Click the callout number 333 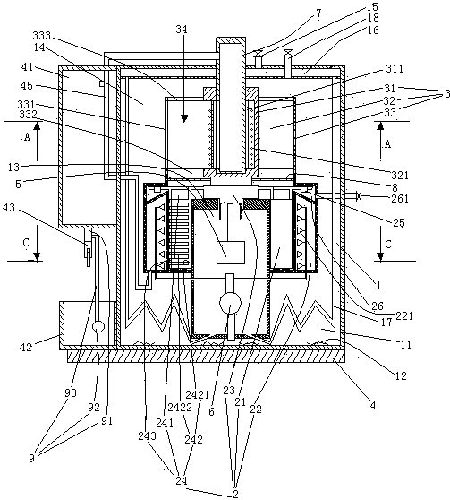coord(42,35)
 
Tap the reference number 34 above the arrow coord(182,30)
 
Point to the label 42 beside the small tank coord(26,347)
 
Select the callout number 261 coord(400,199)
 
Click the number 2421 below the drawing coord(198,395)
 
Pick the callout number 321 coord(400,175)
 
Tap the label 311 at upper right coord(395,69)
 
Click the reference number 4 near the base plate coord(373,406)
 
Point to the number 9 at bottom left coord(31,458)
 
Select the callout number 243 coord(147,435)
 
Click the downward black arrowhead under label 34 coord(183,118)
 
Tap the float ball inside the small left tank coord(98,326)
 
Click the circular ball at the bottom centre coord(230,303)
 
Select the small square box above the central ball coord(231,253)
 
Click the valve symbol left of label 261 coord(359,196)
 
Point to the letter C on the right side coord(388,245)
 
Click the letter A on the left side coord(27,137)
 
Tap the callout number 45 coord(27,85)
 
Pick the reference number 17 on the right coord(386,322)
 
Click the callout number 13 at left coord(13,167)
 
